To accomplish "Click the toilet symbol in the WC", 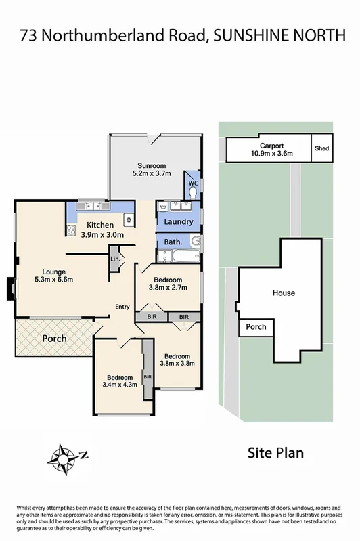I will [194, 192].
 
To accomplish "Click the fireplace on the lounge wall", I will [9, 287].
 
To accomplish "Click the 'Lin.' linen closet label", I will [114, 259].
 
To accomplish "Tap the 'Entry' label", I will [122, 307].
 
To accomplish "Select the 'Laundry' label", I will [179, 221].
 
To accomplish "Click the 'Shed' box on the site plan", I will [322, 149].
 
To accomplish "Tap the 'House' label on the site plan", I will [284, 293].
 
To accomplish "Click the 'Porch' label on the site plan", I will [256, 326].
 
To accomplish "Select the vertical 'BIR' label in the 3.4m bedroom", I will [146, 377].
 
